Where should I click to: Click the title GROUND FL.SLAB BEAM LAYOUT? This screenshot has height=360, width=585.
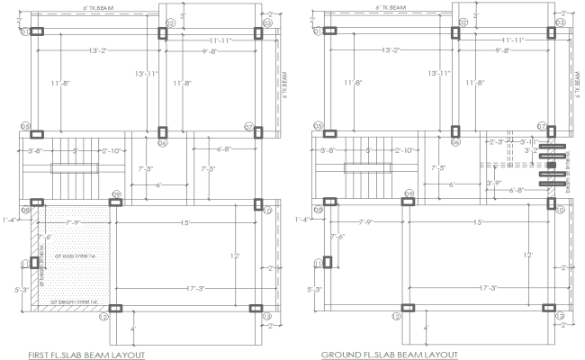pos(389,355)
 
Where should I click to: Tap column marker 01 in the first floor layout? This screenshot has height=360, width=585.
pos(26,31)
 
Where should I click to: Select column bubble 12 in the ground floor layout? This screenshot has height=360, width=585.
pos(396,317)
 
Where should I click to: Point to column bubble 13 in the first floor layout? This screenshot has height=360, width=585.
pos(266,317)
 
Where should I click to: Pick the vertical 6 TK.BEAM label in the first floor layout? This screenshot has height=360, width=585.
pos(283,86)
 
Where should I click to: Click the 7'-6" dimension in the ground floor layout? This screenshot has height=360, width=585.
pos(336,237)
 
